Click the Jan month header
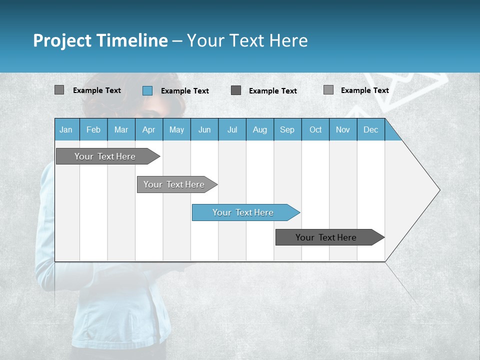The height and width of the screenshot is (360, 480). coord(66,129)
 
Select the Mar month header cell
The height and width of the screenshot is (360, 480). coord(121,129)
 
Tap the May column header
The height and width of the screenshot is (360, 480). coord(176,129)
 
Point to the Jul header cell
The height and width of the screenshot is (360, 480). coord(232,129)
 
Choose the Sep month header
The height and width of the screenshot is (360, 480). coord(287,129)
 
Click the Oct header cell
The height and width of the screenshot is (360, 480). coord(315,129)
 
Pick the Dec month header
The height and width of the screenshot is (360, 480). coord(370,129)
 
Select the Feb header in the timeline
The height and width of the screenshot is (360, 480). coord(93,129)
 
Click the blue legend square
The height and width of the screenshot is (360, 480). coord(147,90)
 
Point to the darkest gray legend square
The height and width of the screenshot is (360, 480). coord(236,90)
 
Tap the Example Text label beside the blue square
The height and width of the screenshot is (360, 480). coord(184,91)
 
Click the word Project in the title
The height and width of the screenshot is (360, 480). coord(62,40)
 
